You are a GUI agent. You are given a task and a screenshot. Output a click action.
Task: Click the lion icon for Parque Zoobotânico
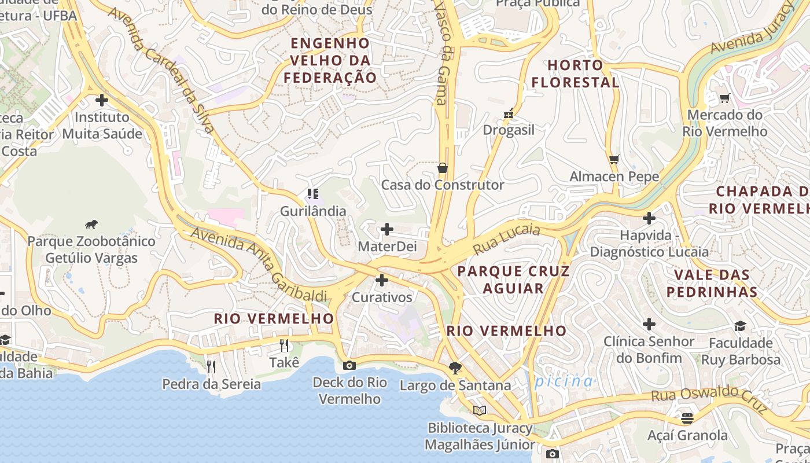pos(91,225)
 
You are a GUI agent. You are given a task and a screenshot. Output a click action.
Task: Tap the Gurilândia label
pos(313,211)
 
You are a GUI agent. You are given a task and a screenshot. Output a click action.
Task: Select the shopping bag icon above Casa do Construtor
pos(443,168)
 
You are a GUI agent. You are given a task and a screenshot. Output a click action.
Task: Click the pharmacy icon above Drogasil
pos(509,114)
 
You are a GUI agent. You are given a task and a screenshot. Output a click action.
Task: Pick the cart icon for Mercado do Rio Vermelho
pos(724,98)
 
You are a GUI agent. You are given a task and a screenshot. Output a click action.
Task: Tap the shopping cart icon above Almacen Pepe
pos(614,159)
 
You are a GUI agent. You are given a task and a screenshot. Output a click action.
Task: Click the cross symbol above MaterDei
pos(386,230)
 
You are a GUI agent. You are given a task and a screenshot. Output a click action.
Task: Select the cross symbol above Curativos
pos(382,281)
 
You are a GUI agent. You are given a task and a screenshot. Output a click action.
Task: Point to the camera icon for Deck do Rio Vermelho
pos(349,365)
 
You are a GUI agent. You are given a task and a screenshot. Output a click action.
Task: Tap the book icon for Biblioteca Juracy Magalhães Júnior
pos(479,410)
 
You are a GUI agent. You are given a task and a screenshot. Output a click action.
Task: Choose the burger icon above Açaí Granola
pos(687,418)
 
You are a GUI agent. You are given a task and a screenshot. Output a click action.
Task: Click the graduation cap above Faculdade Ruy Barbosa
pos(740,326)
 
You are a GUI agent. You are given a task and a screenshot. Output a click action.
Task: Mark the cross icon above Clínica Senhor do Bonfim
pos(649,324)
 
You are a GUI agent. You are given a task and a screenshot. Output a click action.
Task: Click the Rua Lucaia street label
pos(506,239)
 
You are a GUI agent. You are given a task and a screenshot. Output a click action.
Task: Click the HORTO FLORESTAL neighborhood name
pos(575,74)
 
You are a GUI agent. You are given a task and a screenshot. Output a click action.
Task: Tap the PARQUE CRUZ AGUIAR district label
pos(513,280)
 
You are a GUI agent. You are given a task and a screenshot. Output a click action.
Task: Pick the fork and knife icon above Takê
pos(284,346)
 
